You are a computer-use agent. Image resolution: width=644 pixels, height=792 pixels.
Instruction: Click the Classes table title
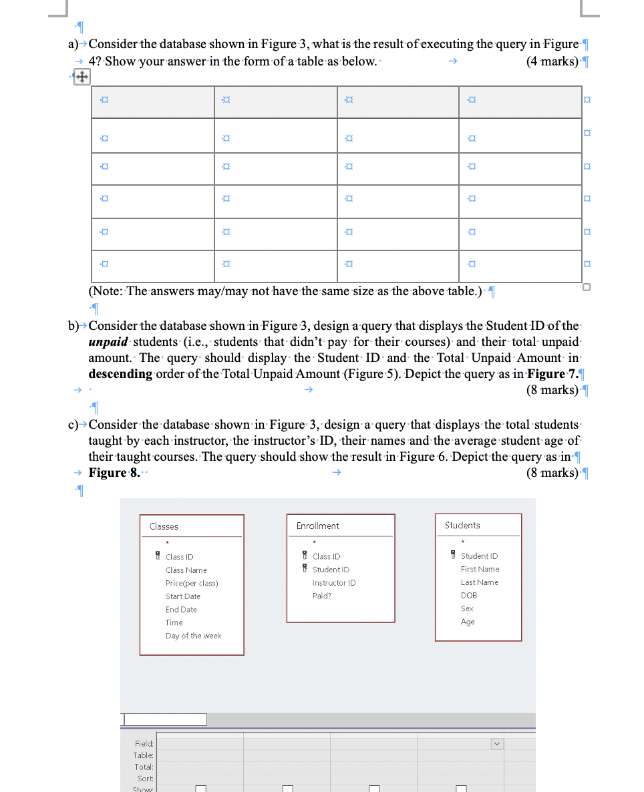(x=164, y=526)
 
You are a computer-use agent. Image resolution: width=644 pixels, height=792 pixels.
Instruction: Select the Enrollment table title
(x=317, y=526)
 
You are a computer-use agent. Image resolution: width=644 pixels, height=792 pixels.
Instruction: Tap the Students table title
(x=462, y=525)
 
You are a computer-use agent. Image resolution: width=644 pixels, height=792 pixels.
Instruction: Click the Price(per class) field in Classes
(x=192, y=583)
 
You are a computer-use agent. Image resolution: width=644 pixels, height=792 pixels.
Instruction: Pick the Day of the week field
(x=193, y=636)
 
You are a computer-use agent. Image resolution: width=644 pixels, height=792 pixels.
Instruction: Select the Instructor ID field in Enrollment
(x=334, y=582)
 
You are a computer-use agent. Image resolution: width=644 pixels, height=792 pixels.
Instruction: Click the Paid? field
(x=322, y=596)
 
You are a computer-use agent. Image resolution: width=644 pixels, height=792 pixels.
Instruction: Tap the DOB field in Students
(x=468, y=595)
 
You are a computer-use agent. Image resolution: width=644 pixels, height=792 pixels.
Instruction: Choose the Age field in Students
(x=468, y=622)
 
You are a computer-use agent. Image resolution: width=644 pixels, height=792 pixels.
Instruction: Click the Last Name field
(x=480, y=582)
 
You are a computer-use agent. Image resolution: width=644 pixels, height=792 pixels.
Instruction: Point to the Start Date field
(x=183, y=596)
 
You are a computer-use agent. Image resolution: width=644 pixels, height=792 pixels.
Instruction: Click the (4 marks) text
(x=552, y=61)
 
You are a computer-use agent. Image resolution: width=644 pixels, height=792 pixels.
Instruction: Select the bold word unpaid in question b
(x=110, y=342)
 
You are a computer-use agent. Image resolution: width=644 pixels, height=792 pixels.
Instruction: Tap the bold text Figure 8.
(x=110, y=473)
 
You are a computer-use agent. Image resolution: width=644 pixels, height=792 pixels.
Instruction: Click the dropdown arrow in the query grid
(x=496, y=743)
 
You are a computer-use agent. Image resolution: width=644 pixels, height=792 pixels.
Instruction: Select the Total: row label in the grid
(x=144, y=767)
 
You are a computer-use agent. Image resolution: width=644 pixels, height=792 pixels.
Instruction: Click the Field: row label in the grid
(x=144, y=743)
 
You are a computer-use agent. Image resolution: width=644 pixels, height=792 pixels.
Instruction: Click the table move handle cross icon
(x=81, y=77)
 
